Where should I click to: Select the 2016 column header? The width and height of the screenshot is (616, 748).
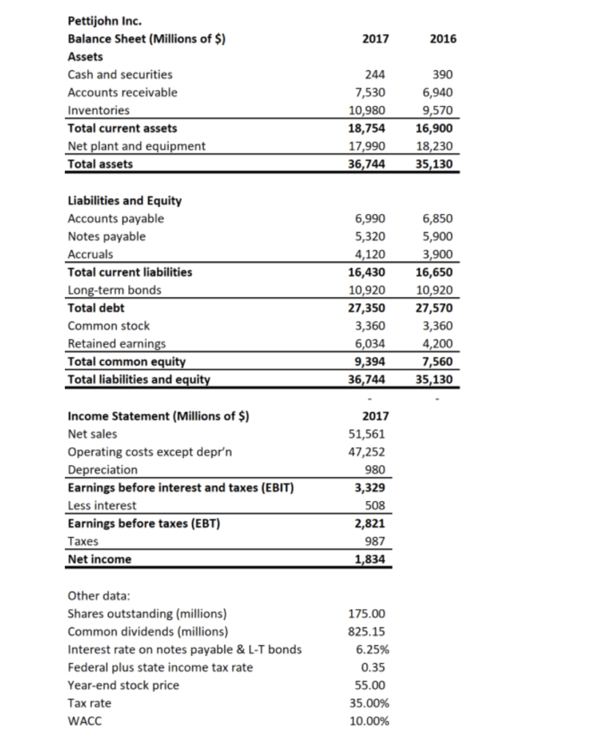[443, 39]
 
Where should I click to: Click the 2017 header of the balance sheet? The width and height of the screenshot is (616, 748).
[374, 39]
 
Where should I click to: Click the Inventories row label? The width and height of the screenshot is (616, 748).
[99, 110]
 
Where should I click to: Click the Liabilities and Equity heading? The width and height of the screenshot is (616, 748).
[124, 200]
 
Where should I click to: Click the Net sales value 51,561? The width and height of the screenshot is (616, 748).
[371, 434]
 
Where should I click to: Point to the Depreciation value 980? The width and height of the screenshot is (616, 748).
[377, 470]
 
